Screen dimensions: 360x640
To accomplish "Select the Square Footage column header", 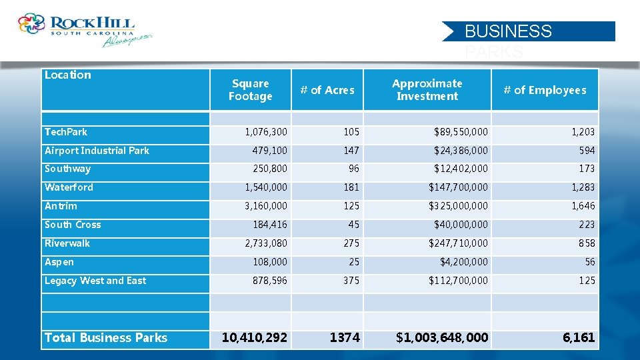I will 250,90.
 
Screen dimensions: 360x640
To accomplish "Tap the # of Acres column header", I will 327,90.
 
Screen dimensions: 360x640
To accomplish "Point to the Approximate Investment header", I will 427,90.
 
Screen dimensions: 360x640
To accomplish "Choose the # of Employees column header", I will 545,90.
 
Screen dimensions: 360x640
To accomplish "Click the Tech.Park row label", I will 66,132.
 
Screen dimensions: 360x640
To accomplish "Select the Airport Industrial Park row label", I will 97,151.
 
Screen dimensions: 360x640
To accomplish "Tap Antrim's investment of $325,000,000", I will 458,206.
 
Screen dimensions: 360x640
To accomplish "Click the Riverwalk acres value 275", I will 351,243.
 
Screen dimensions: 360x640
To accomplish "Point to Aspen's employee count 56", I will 589,262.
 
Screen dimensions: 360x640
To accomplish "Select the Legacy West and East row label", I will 95,281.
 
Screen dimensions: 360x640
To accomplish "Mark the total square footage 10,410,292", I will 254,338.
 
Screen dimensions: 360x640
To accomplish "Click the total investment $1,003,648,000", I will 441,338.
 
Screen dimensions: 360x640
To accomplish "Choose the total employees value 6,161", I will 578,338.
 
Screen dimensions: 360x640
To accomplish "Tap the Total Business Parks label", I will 106,338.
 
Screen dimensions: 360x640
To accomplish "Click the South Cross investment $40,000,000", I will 461,225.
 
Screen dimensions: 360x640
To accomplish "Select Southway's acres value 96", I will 353,169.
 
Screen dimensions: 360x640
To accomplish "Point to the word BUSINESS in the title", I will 508,31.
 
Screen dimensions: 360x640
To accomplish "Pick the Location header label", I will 68,75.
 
